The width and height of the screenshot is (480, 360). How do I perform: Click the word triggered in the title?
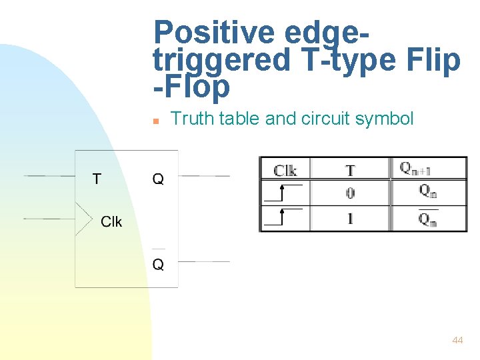pyautogui.click(x=221, y=60)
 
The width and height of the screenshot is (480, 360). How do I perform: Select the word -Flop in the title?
pyautogui.click(x=191, y=87)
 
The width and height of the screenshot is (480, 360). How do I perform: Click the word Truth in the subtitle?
pyautogui.click(x=190, y=119)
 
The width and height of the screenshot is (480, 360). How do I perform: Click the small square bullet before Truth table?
pyautogui.click(x=155, y=121)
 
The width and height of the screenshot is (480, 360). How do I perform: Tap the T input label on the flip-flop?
pyautogui.click(x=97, y=179)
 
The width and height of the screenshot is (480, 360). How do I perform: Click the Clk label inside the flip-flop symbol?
pyautogui.click(x=111, y=221)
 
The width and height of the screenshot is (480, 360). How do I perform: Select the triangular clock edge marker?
pyautogui.click(x=83, y=218)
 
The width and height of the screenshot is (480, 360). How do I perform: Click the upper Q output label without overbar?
pyautogui.click(x=158, y=179)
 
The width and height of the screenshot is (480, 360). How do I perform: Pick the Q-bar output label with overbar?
pyautogui.click(x=158, y=264)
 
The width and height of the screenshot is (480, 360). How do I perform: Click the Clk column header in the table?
pyautogui.click(x=285, y=170)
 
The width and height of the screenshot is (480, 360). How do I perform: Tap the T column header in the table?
pyautogui.click(x=350, y=170)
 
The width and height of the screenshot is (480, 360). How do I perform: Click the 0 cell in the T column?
pyautogui.click(x=350, y=193)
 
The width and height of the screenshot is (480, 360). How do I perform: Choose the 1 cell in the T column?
pyautogui.click(x=350, y=218)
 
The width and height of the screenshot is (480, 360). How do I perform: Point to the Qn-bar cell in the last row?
pyautogui.click(x=427, y=219)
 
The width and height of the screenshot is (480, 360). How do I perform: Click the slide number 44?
pyautogui.click(x=457, y=340)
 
